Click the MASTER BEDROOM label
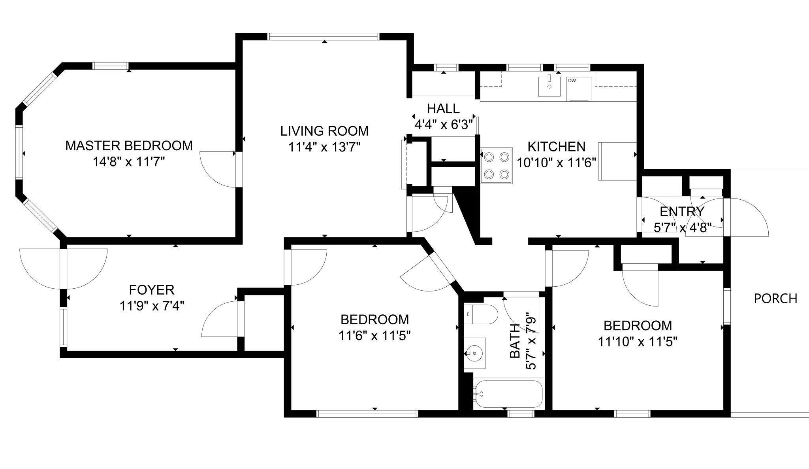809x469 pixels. click(x=129, y=146)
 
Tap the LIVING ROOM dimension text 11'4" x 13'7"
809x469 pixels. click(x=324, y=148)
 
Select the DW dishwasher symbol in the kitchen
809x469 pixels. click(x=578, y=89)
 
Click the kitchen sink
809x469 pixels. click(x=549, y=86)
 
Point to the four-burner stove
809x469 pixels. click(x=496, y=165)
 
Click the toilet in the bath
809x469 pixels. click(x=481, y=314)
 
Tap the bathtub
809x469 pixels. click(x=509, y=394)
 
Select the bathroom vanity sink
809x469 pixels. click(x=474, y=353)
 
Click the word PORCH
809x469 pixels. click(x=775, y=299)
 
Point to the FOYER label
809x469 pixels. click(x=152, y=290)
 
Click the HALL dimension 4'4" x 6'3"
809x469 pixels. click(x=443, y=125)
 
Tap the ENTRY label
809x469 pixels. click(x=682, y=212)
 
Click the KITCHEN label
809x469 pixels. click(x=556, y=147)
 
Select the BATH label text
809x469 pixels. click(x=515, y=341)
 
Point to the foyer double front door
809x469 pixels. click(x=64, y=269)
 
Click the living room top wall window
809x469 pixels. click(x=323, y=37)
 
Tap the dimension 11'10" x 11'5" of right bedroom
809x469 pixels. click(x=638, y=342)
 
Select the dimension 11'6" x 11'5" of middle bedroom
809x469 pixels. click(x=374, y=336)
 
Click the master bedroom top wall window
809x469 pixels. click(x=111, y=66)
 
